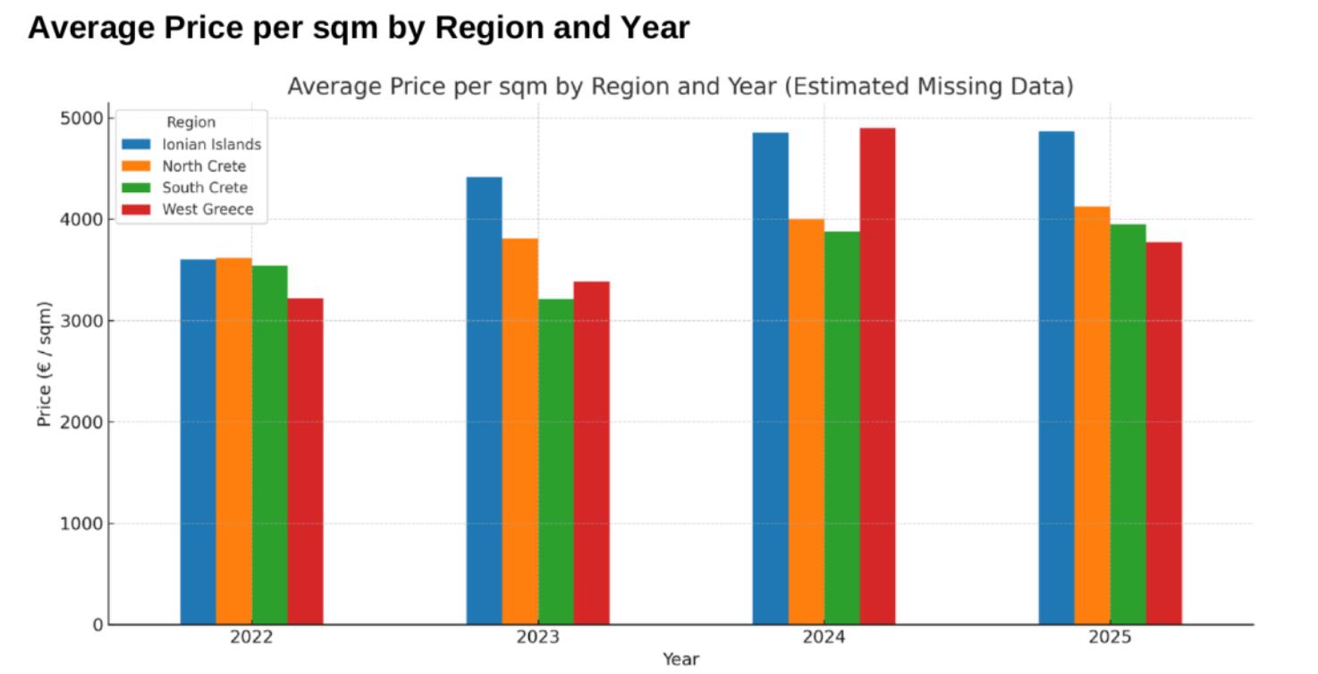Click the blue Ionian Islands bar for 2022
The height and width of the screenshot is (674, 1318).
click(x=198, y=442)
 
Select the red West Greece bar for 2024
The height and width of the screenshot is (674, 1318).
click(x=877, y=376)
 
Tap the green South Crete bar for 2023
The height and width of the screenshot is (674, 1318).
click(x=555, y=461)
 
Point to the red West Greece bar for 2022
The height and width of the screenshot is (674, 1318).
click(x=305, y=461)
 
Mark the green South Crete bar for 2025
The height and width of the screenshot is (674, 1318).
click(x=1128, y=424)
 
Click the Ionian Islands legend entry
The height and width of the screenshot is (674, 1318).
click(x=211, y=144)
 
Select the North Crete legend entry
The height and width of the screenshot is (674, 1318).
click(x=203, y=166)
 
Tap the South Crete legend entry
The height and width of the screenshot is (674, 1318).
click(x=204, y=188)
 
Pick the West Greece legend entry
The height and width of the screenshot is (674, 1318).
click(x=207, y=210)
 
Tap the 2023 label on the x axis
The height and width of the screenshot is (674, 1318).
click(x=537, y=638)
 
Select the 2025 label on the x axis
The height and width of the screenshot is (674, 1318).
click(x=1110, y=638)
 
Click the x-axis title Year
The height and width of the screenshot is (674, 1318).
click(x=680, y=660)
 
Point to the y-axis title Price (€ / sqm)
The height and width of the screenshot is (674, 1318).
click(x=45, y=364)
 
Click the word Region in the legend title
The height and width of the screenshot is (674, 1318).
click(x=190, y=122)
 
